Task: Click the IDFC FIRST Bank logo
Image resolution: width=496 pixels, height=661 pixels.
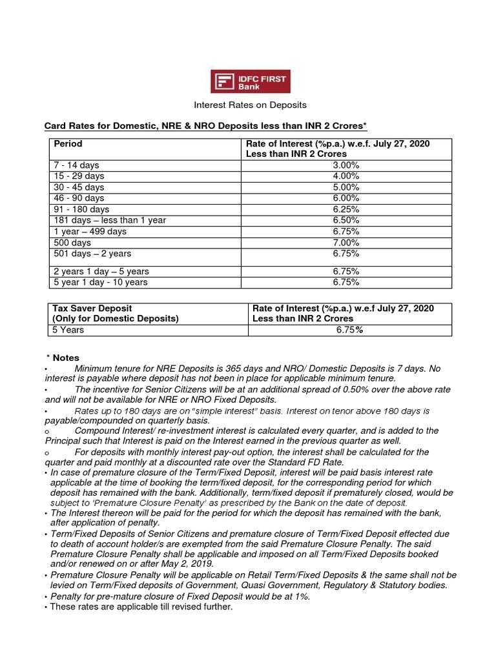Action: tap(251, 81)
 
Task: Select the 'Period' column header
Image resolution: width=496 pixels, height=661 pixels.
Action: tap(68, 144)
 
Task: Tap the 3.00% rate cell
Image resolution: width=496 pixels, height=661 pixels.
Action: tap(346, 165)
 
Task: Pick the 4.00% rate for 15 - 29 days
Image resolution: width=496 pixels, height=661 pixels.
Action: tap(346, 176)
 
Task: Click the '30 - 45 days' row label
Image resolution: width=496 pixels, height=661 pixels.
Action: tap(79, 187)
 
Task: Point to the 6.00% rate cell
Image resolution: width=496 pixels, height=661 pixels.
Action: tap(346, 198)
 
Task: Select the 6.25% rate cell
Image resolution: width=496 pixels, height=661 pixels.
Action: tap(346, 209)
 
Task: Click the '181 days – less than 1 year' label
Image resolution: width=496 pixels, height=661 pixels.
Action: tap(110, 220)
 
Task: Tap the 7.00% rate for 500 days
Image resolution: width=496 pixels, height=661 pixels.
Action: tap(346, 243)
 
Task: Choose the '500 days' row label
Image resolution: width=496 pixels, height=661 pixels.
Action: tap(72, 243)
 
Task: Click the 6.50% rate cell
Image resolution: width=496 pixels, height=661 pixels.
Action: tap(346, 220)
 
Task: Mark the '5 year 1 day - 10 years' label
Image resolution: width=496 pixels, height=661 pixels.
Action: tap(100, 282)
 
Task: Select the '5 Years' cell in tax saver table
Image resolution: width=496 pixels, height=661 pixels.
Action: tap(68, 330)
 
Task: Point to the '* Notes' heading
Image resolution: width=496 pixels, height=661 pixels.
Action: tap(63, 358)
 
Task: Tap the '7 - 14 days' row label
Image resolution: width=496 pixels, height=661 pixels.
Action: tap(76, 165)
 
